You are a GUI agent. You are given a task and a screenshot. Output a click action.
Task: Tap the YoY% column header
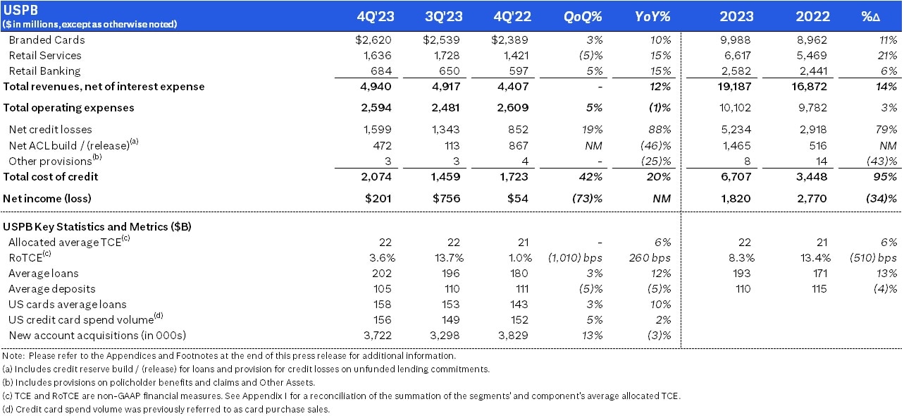click(652, 16)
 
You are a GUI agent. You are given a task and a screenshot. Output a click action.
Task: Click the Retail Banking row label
click(44, 71)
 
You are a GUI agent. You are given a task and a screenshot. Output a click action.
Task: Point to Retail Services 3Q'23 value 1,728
click(445, 55)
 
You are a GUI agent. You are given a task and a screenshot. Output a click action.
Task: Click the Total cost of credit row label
click(51, 177)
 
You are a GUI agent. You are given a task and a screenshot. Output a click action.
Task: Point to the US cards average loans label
click(68, 305)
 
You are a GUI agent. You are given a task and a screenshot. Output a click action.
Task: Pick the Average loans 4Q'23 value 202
click(383, 274)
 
